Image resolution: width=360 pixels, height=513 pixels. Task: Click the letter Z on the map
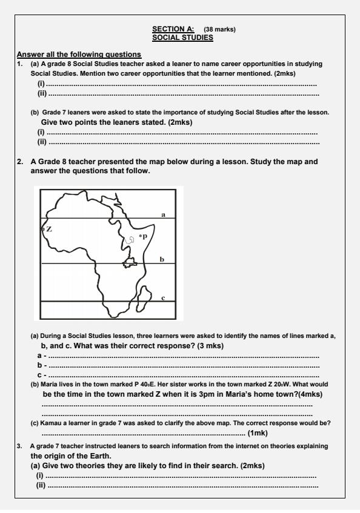pyautogui.click(x=49, y=229)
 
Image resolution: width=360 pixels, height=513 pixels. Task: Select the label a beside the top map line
pyautogui.click(x=163, y=214)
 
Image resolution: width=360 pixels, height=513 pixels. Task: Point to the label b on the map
pyautogui.click(x=162, y=259)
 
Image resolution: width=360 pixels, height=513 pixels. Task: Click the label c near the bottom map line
pyautogui.click(x=163, y=297)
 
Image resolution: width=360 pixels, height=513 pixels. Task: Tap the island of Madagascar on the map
pyautogui.click(x=145, y=294)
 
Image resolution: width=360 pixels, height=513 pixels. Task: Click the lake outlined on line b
pyautogui.click(x=129, y=262)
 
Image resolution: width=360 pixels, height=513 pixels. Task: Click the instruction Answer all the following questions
pyautogui.click(x=79, y=55)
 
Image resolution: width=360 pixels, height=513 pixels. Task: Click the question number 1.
pyautogui.click(x=20, y=63)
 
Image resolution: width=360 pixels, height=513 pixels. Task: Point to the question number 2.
pyautogui.click(x=21, y=162)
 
